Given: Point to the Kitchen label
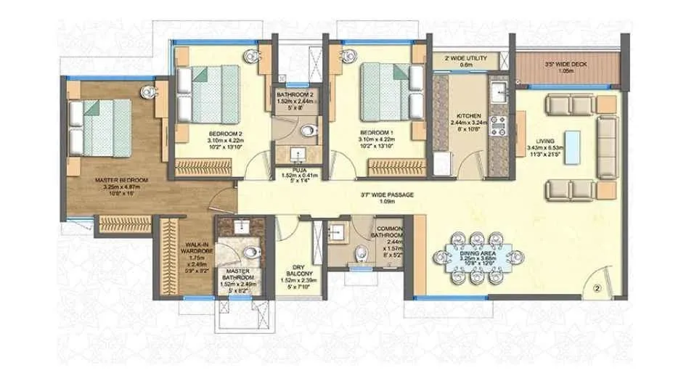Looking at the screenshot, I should (x=465, y=115).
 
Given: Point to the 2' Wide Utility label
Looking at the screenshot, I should (x=461, y=57).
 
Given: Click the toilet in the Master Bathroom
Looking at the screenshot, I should (x=250, y=253).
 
